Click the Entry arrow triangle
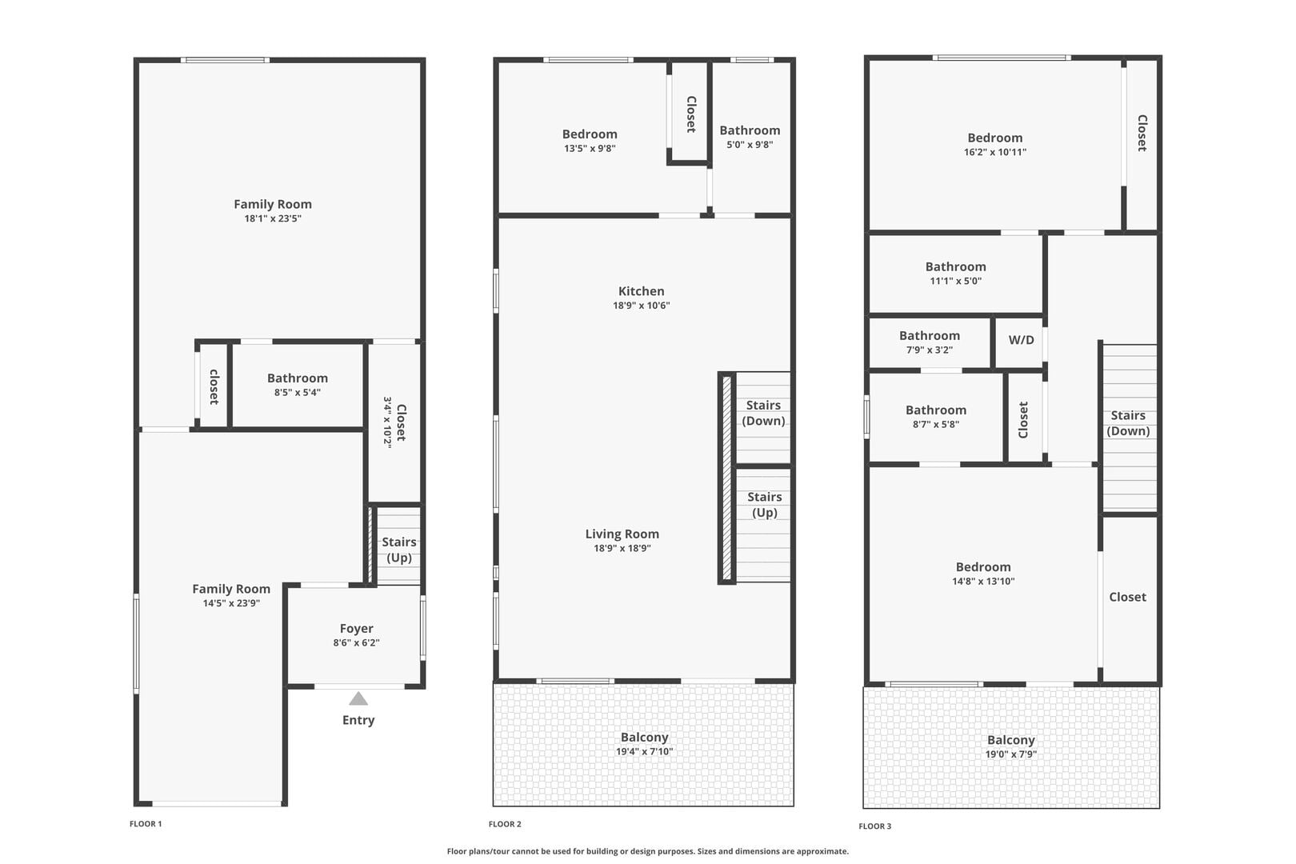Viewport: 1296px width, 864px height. tap(358, 698)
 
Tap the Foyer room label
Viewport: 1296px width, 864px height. tap(357, 628)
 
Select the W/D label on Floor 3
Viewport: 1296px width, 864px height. tap(1021, 340)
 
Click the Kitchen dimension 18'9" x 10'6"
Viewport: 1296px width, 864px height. tap(641, 305)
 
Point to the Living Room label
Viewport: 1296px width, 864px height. tap(622, 534)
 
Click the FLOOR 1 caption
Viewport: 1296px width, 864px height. tap(146, 823)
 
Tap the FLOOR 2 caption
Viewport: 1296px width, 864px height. tap(505, 824)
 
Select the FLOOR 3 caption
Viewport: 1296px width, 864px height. tap(875, 826)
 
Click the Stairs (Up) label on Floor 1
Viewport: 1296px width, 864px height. tap(399, 550)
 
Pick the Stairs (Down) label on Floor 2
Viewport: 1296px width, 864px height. tap(764, 413)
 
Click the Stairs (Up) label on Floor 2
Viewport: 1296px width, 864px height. tap(764, 504)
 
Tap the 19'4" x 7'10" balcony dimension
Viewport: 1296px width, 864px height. tap(645, 751)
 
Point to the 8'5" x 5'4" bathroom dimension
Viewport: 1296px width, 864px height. tap(298, 392)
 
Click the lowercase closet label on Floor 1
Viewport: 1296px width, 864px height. tap(214, 386)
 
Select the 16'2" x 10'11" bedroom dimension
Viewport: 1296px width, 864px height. tap(995, 152)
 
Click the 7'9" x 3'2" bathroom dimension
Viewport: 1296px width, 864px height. tap(929, 350)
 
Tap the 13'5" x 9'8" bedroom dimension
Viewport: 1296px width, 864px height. tap(590, 148)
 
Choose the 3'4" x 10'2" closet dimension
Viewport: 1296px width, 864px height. tap(387, 422)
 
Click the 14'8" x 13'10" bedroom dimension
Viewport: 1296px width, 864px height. tap(983, 581)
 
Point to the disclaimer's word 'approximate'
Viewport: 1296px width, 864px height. tap(822, 851)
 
